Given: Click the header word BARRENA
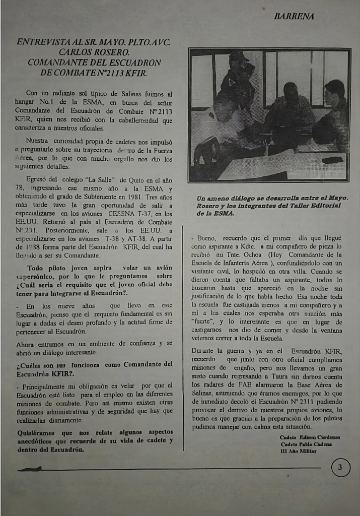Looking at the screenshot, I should coord(294,17).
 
